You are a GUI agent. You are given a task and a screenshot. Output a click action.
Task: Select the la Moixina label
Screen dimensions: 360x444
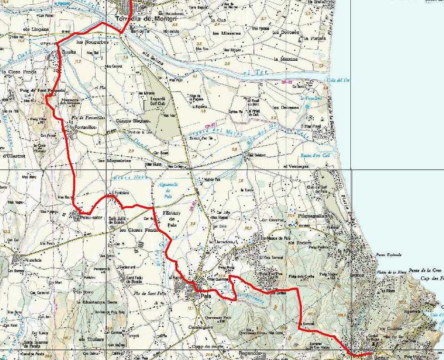pos(285,59)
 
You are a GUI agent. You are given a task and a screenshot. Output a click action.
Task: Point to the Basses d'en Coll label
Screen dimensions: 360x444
pos(315,156)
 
